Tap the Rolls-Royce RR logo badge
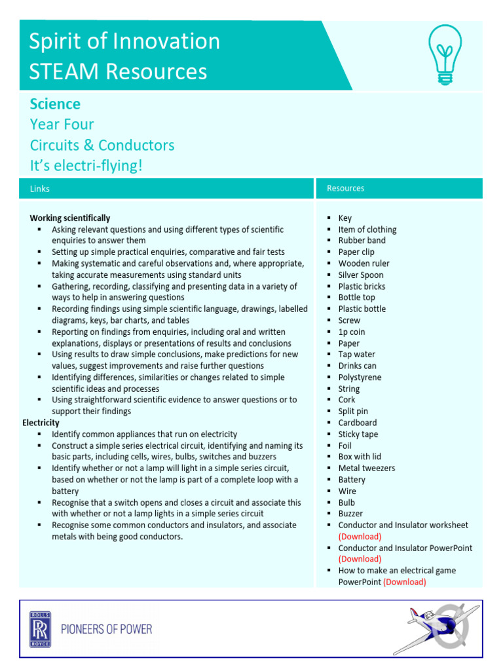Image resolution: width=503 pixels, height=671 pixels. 41,629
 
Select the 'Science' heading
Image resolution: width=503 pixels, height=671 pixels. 55,104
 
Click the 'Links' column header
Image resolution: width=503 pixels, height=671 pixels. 40,189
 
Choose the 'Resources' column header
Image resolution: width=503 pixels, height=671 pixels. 345,188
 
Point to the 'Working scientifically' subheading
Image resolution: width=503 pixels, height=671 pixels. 70,218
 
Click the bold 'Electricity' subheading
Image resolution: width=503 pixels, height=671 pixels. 41,423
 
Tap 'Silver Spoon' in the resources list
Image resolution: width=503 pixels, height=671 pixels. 361,275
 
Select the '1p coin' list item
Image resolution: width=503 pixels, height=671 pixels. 352,332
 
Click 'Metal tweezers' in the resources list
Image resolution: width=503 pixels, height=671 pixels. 366,468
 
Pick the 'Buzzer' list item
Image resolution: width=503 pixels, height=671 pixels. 350,514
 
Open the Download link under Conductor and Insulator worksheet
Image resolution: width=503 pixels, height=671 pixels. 360,536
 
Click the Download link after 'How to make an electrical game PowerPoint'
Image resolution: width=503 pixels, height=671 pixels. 404,582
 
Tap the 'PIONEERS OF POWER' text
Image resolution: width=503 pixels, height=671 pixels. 106,629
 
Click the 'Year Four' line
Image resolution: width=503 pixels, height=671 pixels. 62,125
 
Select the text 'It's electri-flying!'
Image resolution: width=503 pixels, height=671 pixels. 86,165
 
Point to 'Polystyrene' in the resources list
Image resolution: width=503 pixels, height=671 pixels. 360,377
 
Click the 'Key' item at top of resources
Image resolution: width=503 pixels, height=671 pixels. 345,218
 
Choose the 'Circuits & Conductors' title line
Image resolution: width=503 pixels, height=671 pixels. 102,145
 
